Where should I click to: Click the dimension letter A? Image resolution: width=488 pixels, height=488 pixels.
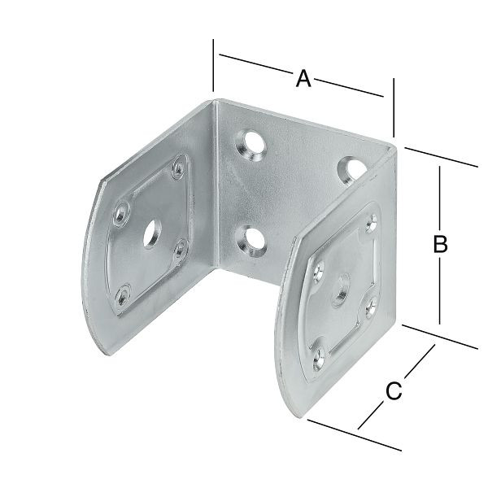click(303, 78)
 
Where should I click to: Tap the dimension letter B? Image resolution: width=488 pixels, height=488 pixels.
click(439, 243)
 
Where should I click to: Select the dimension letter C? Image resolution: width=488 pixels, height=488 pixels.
click(393, 390)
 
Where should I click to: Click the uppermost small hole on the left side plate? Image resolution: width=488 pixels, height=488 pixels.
click(177, 171)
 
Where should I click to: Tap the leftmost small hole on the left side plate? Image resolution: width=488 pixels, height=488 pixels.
click(120, 213)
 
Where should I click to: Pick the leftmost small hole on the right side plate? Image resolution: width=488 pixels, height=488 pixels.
click(318, 268)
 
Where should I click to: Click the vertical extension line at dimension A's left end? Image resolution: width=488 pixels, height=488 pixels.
click(213, 65)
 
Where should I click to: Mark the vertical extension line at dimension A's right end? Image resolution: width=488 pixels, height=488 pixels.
click(393, 106)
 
